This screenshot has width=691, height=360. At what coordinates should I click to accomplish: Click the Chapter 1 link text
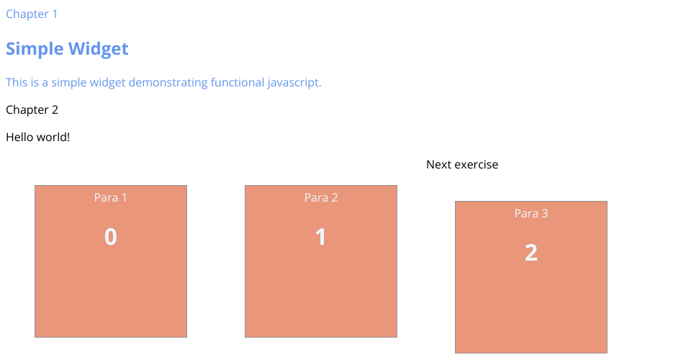[x=31, y=14]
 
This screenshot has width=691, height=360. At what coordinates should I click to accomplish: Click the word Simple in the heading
[x=35, y=49]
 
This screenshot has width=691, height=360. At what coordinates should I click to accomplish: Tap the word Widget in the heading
[x=99, y=48]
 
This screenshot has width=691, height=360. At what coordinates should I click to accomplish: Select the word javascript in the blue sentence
[x=294, y=83]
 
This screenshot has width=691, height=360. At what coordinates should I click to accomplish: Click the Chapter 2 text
[x=32, y=109]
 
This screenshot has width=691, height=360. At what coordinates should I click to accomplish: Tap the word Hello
[x=20, y=137]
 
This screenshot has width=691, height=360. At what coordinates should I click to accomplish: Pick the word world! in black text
[x=53, y=137]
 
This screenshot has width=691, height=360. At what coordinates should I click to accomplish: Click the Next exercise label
[x=462, y=164]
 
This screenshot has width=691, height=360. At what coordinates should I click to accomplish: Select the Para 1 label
[x=111, y=197]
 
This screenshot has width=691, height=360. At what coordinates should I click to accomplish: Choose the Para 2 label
[x=321, y=197]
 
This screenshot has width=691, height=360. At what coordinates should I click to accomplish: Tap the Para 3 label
[x=531, y=213]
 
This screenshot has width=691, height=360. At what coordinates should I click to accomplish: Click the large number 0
[x=111, y=237]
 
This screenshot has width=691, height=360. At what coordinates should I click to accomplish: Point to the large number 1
[x=320, y=237]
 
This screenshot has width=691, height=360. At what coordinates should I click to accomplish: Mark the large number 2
[x=531, y=253]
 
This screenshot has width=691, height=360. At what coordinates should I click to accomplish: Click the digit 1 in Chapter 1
[x=55, y=14]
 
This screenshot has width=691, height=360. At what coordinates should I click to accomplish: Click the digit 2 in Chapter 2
[x=55, y=109]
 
